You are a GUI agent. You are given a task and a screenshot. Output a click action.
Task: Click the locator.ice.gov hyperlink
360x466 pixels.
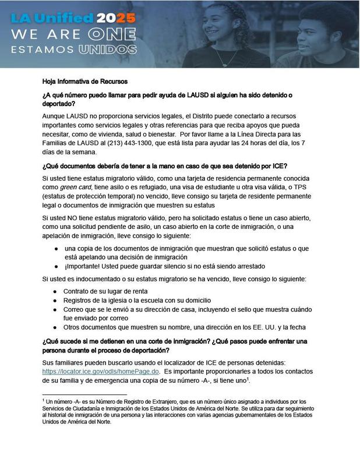[100, 371]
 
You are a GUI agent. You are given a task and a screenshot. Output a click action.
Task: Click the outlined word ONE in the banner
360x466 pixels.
[115, 33]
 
